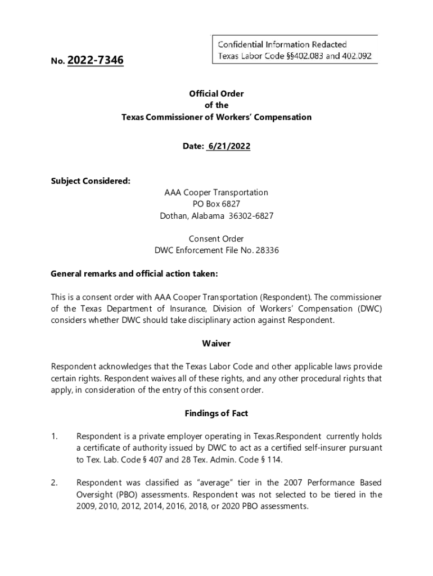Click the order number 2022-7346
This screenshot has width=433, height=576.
[x=95, y=60]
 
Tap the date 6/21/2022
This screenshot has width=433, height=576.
[x=228, y=146]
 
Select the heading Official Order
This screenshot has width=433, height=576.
[x=216, y=94]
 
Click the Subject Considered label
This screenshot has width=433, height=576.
[x=91, y=181]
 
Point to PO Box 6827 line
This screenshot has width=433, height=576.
[x=216, y=204]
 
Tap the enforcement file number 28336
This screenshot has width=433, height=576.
[x=267, y=250]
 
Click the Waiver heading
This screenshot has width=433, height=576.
[x=216, y=343]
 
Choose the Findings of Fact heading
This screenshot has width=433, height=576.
[x=216, y=413]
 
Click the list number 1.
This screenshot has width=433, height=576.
[x=54, y=436]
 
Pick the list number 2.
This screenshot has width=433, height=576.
[x=54, y=483]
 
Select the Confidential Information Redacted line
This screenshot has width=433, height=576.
[x=282, y=44]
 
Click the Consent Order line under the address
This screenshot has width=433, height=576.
[x=216, y=239]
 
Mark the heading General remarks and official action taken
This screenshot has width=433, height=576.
[x=134, y=274]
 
